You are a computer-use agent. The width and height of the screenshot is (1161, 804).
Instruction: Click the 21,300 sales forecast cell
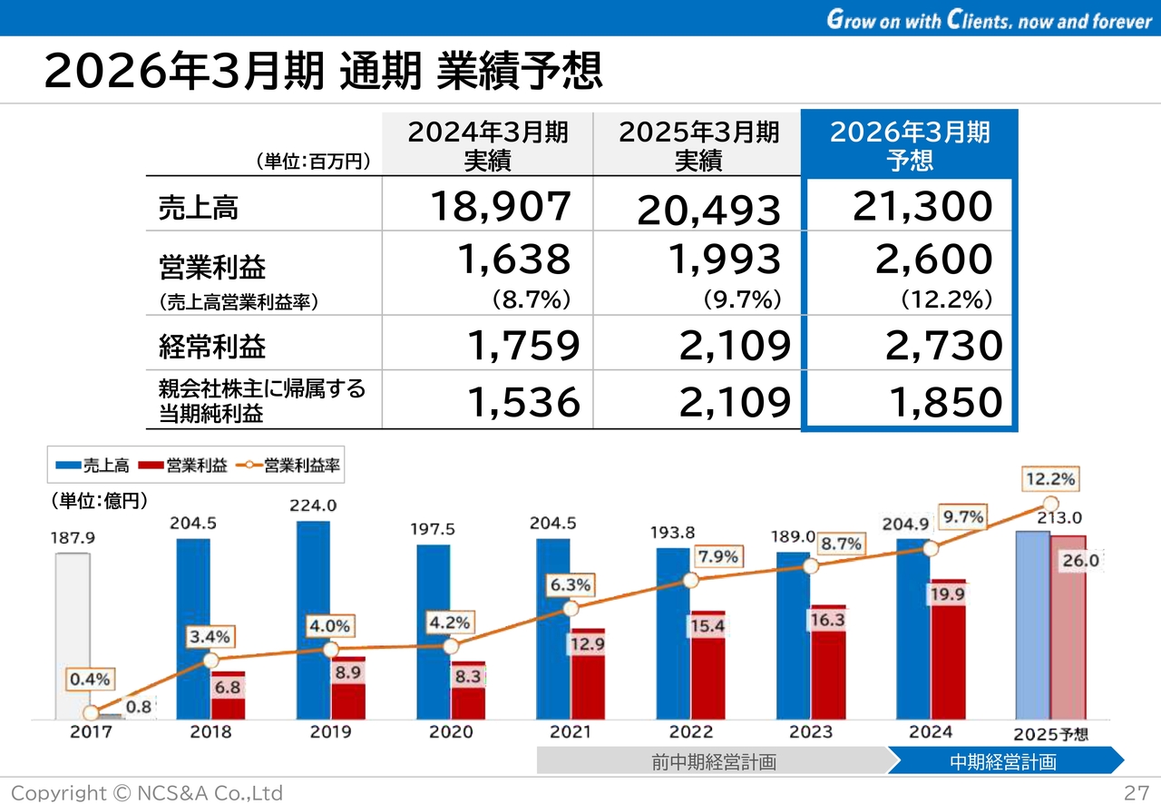tap(922, 207)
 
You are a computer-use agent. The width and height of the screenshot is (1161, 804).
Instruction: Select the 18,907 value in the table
tap(501, 207)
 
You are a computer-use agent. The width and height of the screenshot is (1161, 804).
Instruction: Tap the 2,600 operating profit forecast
tap(933, 260)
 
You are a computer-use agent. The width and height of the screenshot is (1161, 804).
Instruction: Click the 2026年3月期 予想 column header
tap(910, 145)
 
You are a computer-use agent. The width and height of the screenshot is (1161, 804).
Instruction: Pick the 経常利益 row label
tap(212, 346)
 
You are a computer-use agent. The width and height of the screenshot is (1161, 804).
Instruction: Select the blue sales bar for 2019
tap(313, 617)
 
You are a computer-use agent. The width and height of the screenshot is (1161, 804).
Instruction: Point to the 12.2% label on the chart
tap(1050, 478)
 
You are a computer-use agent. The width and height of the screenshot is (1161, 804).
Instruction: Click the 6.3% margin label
tap(570, 586)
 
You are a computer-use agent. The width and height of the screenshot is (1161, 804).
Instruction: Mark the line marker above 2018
tap(210, 661)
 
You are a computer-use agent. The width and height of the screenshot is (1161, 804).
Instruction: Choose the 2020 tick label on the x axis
tap(450, 731)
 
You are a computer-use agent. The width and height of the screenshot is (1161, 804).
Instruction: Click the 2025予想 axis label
tap(1050, 733)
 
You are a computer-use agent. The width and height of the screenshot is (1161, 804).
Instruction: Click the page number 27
tap(1136, 792)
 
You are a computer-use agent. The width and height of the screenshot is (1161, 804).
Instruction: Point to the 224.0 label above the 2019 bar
tap(314, 505)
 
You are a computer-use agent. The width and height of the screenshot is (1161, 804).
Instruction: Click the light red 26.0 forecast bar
tap(1068, 626)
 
